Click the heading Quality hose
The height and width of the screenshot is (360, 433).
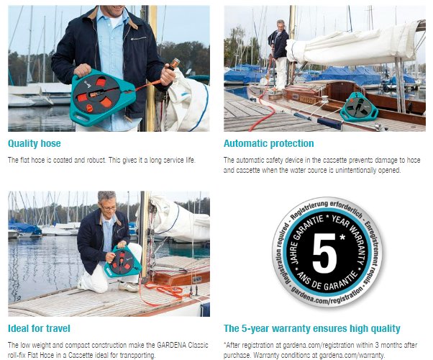pos(35,143)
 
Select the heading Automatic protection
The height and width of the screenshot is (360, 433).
pos(269,143)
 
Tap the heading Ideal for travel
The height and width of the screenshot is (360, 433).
pos(39,328)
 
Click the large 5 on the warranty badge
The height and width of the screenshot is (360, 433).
pos(324,253)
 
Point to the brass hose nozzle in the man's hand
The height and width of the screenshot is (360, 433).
pos(174,63)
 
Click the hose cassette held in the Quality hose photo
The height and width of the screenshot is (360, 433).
pos(102,98)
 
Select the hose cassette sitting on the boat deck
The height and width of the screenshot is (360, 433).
pos(359,107)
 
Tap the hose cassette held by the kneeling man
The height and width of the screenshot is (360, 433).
pos(123,262)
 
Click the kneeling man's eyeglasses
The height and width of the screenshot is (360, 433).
pos(109,207)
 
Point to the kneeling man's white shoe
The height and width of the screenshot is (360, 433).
pos(129,287)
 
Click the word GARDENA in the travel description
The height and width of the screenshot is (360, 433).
pos(171,345)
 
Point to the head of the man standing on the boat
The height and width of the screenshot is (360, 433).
pos(281,25)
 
